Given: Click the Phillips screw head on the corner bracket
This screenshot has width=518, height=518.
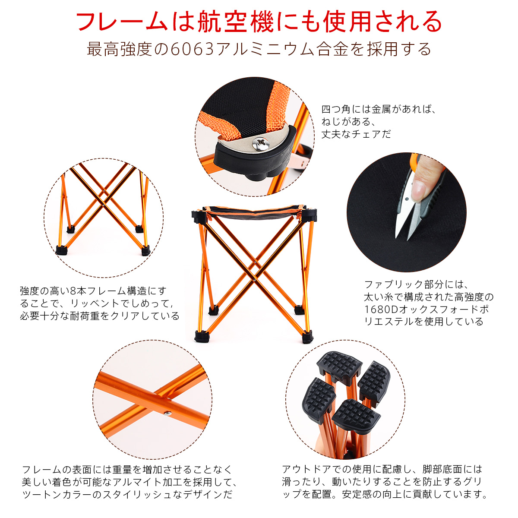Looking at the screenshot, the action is click(260, 143).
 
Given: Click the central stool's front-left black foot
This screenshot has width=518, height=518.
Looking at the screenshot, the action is click(202, 336).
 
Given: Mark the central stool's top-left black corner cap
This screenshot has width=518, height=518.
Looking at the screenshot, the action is click(199, 216).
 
